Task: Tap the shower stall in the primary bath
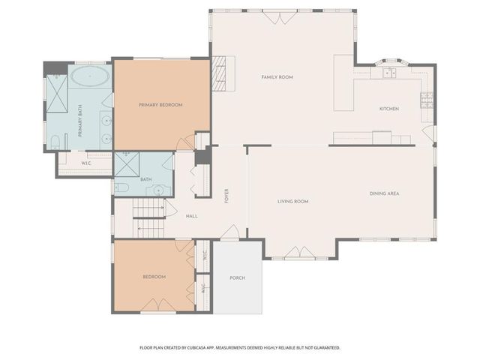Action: pyautogui.click(x=56, y=87)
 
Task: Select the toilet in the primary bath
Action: pyautogui.click(x=56, y=142)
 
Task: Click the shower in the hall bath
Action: pyautogui.click(x=126, y=163)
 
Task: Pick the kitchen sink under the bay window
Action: pyautogui.click(x=389, y=73)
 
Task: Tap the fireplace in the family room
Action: pyautogui.click(x=219, y=73)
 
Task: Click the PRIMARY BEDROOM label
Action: pyautogui.click(x=160, y=105)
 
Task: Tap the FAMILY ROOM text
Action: pyautogui.click(x=276, y=77)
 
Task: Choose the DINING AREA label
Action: pyautogui.click(x=384, y=194)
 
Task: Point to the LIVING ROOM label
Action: pyautogui.click(x=293, y=201)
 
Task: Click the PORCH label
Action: pyautogui.click(x=237, y=277)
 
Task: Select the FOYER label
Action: pyautogui.click(x=226, y=196)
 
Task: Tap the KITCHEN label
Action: pyautogui.click(x=388, y=109)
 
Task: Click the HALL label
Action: pyautogui.click(x=191, y=216)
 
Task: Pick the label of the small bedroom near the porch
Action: pyautogui.click(x=154, y=277)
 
